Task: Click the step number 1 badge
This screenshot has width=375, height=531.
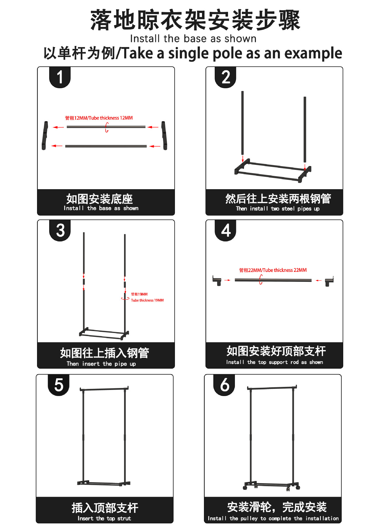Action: (60, 77)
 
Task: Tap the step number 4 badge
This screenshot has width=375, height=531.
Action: (225, 230)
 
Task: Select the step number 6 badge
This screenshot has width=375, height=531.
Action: (224, 385)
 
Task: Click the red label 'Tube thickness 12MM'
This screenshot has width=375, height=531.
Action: (99, 118)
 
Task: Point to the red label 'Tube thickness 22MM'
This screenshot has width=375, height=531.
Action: (273, 270)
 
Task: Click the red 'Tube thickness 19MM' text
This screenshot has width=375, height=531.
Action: (147, 300)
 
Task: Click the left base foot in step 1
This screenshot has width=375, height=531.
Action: (44, 136)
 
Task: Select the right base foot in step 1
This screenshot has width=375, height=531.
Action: (164, 136)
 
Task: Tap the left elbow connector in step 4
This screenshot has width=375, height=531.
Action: (217, 280)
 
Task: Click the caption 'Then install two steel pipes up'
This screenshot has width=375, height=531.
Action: (277, 209)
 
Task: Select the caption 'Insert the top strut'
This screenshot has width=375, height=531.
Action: (104, 519)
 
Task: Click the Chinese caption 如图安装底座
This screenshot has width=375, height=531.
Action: (99, 199)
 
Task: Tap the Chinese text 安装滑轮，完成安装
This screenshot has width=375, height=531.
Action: (277, 507)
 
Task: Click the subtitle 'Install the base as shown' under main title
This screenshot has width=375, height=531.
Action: (193, 39)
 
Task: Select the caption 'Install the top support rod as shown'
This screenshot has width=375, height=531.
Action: (274, 362)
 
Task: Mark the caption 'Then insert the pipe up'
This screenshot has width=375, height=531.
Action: (101, 364)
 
